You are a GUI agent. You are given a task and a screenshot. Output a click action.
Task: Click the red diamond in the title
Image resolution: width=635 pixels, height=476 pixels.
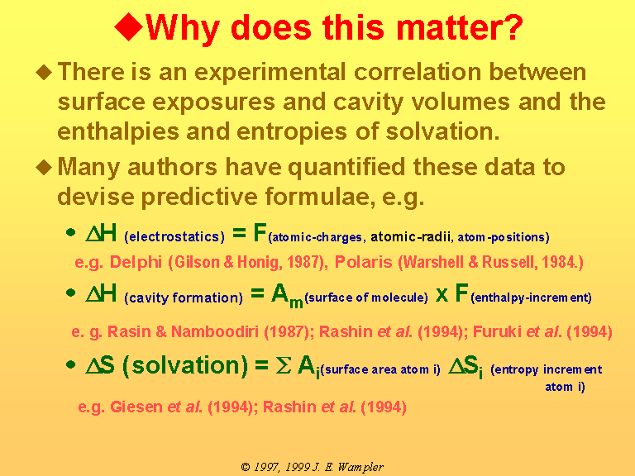[x=128, y=26]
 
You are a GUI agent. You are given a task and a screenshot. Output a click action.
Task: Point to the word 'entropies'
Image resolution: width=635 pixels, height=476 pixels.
[x=292, y=132]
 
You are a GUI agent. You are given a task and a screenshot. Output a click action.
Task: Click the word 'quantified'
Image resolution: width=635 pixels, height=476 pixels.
[x=346, y=168]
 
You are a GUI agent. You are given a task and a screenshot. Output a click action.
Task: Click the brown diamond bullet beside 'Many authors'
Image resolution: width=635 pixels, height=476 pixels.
[x=44, y=167]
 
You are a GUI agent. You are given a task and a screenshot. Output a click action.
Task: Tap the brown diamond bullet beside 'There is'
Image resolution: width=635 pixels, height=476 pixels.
[x=44, y=73]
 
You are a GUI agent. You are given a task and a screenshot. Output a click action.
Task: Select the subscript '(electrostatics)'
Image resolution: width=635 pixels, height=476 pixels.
[x=174, y=236]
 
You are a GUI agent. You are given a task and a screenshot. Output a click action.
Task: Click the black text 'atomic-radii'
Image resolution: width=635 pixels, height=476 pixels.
[x=411, y=237]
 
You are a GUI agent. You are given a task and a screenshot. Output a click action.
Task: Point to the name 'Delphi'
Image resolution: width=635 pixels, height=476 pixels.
[x=136, y=262]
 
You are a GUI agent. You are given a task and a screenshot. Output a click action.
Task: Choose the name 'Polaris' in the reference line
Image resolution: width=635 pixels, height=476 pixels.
[x=363, y=262]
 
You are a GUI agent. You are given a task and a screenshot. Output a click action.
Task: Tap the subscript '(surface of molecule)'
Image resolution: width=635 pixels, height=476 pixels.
[x=366, y=297]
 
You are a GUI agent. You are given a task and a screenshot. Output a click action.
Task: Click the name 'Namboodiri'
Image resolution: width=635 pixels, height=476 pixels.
[x=215, y=331]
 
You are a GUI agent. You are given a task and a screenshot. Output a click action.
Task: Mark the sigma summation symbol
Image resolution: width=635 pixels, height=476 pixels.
[x=283, y=366]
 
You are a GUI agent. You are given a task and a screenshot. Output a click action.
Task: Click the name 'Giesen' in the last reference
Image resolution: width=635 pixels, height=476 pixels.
[x=136, y=407]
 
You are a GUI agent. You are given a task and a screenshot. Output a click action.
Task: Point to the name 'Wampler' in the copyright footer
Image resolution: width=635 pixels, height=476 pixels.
[x=360, y=468]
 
